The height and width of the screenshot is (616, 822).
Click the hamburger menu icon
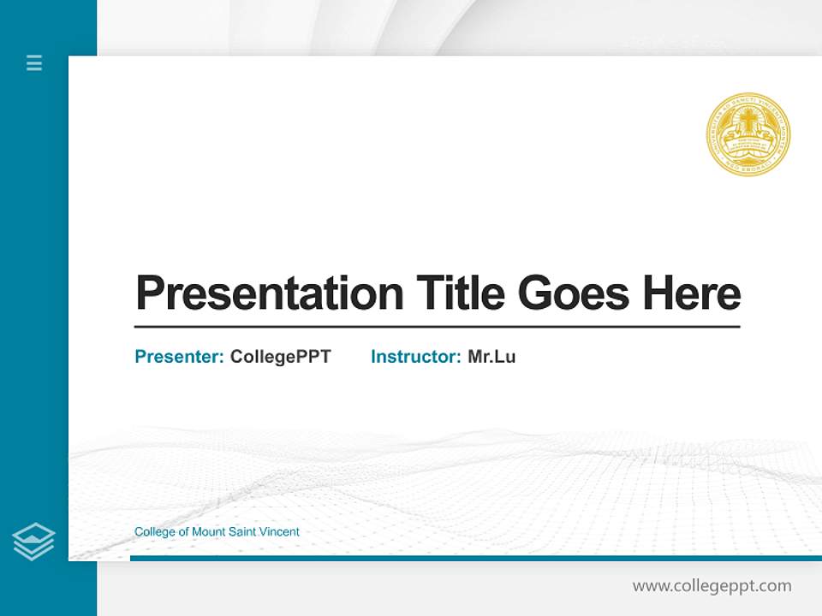point(34,62)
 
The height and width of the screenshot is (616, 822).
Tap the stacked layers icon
point(33,542)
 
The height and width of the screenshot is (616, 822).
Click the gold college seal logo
point(748,135)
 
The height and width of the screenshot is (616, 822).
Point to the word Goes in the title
point(575,293)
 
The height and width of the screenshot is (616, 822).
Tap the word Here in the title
point(692,293)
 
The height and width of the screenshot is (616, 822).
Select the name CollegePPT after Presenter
point(281,357)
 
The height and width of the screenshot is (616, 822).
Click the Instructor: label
point(416,357)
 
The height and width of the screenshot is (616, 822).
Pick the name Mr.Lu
point(491,357)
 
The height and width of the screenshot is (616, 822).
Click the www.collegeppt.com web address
point(712,586)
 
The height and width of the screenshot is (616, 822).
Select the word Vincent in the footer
point(279,532)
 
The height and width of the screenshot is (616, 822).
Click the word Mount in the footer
point(208,532)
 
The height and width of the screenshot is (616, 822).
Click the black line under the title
point(437,327)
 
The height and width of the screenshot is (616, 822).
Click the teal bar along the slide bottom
point(471,558)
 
